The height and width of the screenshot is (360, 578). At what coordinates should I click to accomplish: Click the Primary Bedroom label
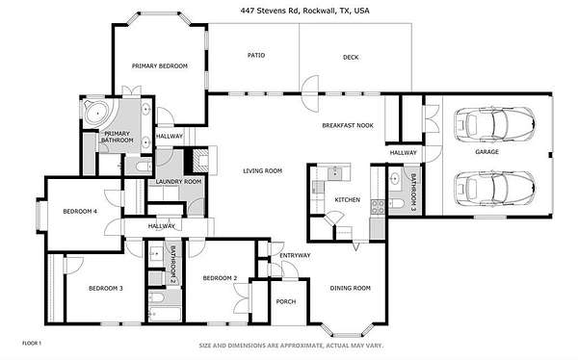[x=160, y=66]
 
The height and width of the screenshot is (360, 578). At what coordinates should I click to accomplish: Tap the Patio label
[x=256, y=55]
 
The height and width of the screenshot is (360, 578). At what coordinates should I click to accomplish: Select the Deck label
[x=351, y=57]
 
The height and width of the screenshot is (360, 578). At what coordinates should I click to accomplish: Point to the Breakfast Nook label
[x=348, y=125]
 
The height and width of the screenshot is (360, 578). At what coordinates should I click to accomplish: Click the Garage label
[x=486, y=151]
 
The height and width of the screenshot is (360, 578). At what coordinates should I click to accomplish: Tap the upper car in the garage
[x=495, y=124]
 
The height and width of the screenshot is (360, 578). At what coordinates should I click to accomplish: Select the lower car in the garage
[x=495, y=188]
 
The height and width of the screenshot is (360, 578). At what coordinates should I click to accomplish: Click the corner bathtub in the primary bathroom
[x=96, y=113]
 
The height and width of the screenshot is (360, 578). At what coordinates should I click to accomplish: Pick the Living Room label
[x=262, y=171]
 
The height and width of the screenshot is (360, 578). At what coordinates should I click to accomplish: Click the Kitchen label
[x=347, y=199]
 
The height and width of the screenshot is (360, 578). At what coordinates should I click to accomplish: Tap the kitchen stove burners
[x=378, y=207]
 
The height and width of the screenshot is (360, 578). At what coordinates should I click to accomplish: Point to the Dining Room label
[x=351, y=288]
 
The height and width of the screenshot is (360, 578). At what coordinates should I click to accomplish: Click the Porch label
[x=286, y=302]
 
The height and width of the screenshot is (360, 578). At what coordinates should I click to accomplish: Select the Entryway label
[x=295, y=255]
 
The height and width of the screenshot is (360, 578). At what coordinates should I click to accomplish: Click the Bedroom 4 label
[x=80, y=212]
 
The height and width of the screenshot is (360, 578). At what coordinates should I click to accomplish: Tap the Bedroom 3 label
[x=106, y=288]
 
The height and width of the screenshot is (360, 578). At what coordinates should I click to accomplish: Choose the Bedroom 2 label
[x=220, y=278]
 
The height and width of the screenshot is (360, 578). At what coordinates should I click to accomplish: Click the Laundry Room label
[x=178, y=182]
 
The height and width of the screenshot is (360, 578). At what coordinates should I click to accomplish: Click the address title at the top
[x=304, y=11]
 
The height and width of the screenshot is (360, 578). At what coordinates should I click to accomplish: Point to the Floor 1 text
[x=32, y=344]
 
